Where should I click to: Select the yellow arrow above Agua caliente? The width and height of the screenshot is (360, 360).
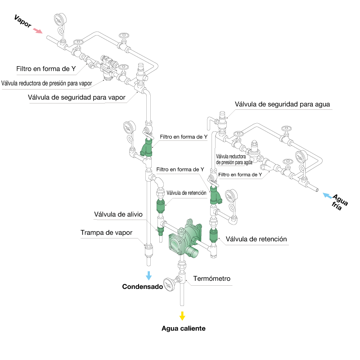point(182,315)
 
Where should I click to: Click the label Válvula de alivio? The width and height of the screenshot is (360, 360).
point(118,214)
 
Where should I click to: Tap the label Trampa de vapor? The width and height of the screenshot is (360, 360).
point(107,233)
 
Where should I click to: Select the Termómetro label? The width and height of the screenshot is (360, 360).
point(211,279)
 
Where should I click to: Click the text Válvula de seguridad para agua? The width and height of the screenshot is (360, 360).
point(283,104)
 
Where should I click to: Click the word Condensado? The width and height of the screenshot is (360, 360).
point(142,286)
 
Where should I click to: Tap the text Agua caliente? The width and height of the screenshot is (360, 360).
point(183,328)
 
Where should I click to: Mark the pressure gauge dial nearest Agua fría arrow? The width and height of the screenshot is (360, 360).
point(300,159)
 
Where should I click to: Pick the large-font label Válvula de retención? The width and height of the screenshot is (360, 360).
point(256,239)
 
